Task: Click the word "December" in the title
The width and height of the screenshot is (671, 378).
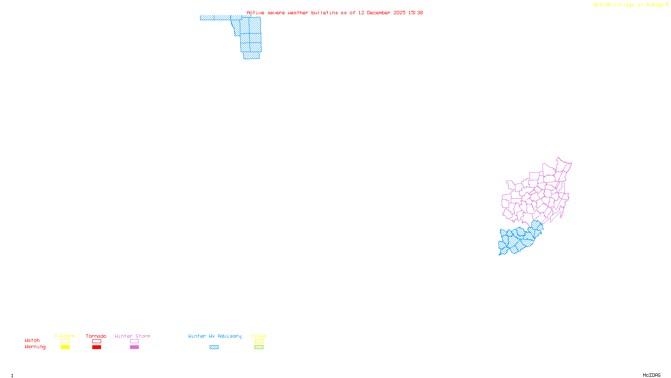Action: click(x=379, y=13)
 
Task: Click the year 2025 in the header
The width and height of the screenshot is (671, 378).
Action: click(x=400, y=13)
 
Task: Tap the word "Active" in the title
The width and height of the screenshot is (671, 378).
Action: click(x=255, y=13)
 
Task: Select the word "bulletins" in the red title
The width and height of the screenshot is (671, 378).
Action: click(x=325, y=13)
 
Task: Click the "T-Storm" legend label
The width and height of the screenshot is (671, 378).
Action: click(x=65, y=336)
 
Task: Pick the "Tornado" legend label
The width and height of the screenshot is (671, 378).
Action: click(x=96, y=336)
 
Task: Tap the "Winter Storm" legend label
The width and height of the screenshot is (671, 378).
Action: click(x=133, y=336)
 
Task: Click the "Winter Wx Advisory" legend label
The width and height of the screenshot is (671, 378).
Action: click(x=215, y=336)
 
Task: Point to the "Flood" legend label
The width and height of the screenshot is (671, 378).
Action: click(x=259, y=336)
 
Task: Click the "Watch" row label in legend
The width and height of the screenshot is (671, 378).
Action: click(x=32, y=340)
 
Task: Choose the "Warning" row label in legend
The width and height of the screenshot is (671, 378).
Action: click(x=35, y=347)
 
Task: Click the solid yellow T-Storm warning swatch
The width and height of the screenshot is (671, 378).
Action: click(x=65, y=347)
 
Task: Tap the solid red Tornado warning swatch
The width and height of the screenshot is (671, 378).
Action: click(x=96, y=347)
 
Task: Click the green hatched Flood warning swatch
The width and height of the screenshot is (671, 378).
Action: click(x=259, y=347)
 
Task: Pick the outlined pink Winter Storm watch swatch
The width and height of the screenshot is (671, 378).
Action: click(x=134, y=341)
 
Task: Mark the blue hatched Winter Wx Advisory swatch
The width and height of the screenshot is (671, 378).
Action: click(x=214, y=347)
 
